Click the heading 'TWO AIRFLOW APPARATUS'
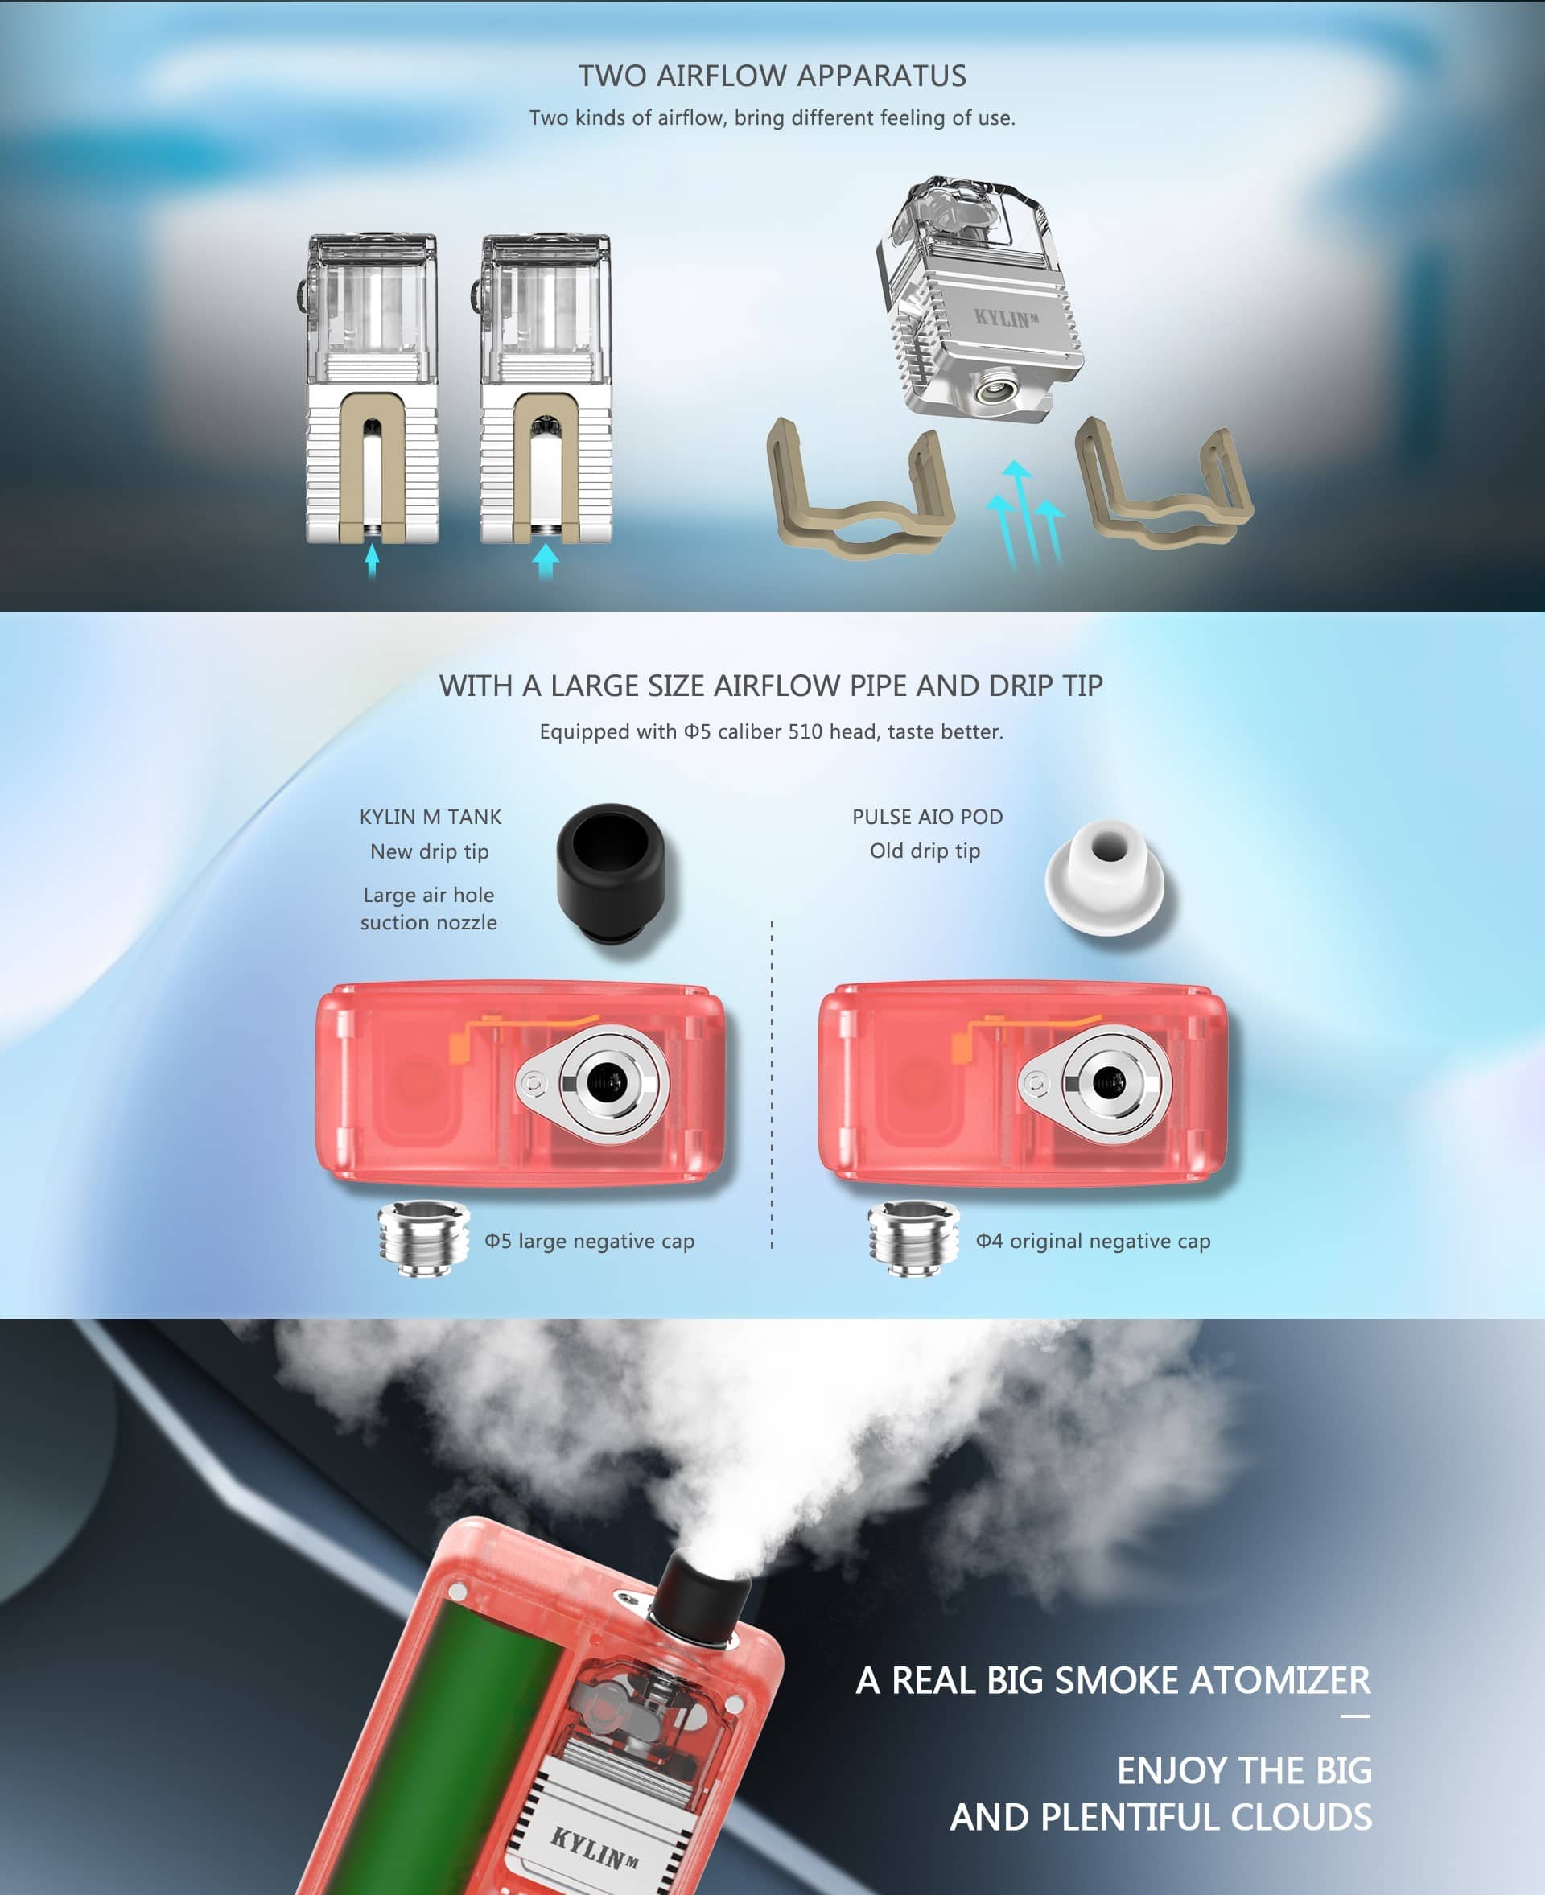pos(772,76)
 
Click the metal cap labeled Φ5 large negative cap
pos(423,1238)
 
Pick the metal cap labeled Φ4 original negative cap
pos(914,1238)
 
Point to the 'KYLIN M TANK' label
pos(431,816)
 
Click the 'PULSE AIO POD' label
pos(927,816)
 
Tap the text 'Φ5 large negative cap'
pos(589,1241)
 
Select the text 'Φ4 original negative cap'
pos(1093,1241)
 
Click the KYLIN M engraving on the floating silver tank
pos(1006,318)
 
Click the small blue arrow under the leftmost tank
pos(372,561)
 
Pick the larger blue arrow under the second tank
pos(546,561)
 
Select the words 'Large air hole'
pos(428,895)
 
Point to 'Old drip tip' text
pos(925,850)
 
